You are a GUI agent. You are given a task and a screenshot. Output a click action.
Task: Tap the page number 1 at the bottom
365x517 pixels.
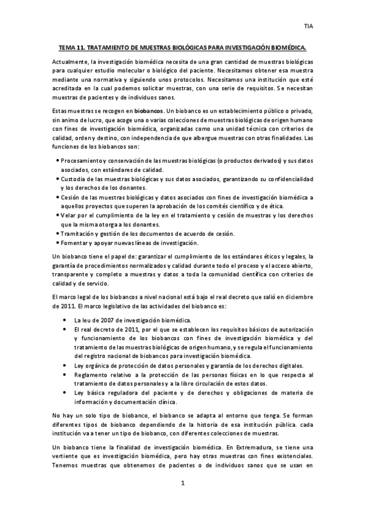(182, 484)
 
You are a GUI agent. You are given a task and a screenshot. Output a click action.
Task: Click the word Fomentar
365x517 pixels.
(74, 243)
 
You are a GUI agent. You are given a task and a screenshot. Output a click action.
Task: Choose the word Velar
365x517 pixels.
(69, 215)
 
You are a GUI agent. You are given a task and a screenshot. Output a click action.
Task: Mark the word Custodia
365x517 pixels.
(74, 179)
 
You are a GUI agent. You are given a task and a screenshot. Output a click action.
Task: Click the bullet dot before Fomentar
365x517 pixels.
(57, 243)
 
